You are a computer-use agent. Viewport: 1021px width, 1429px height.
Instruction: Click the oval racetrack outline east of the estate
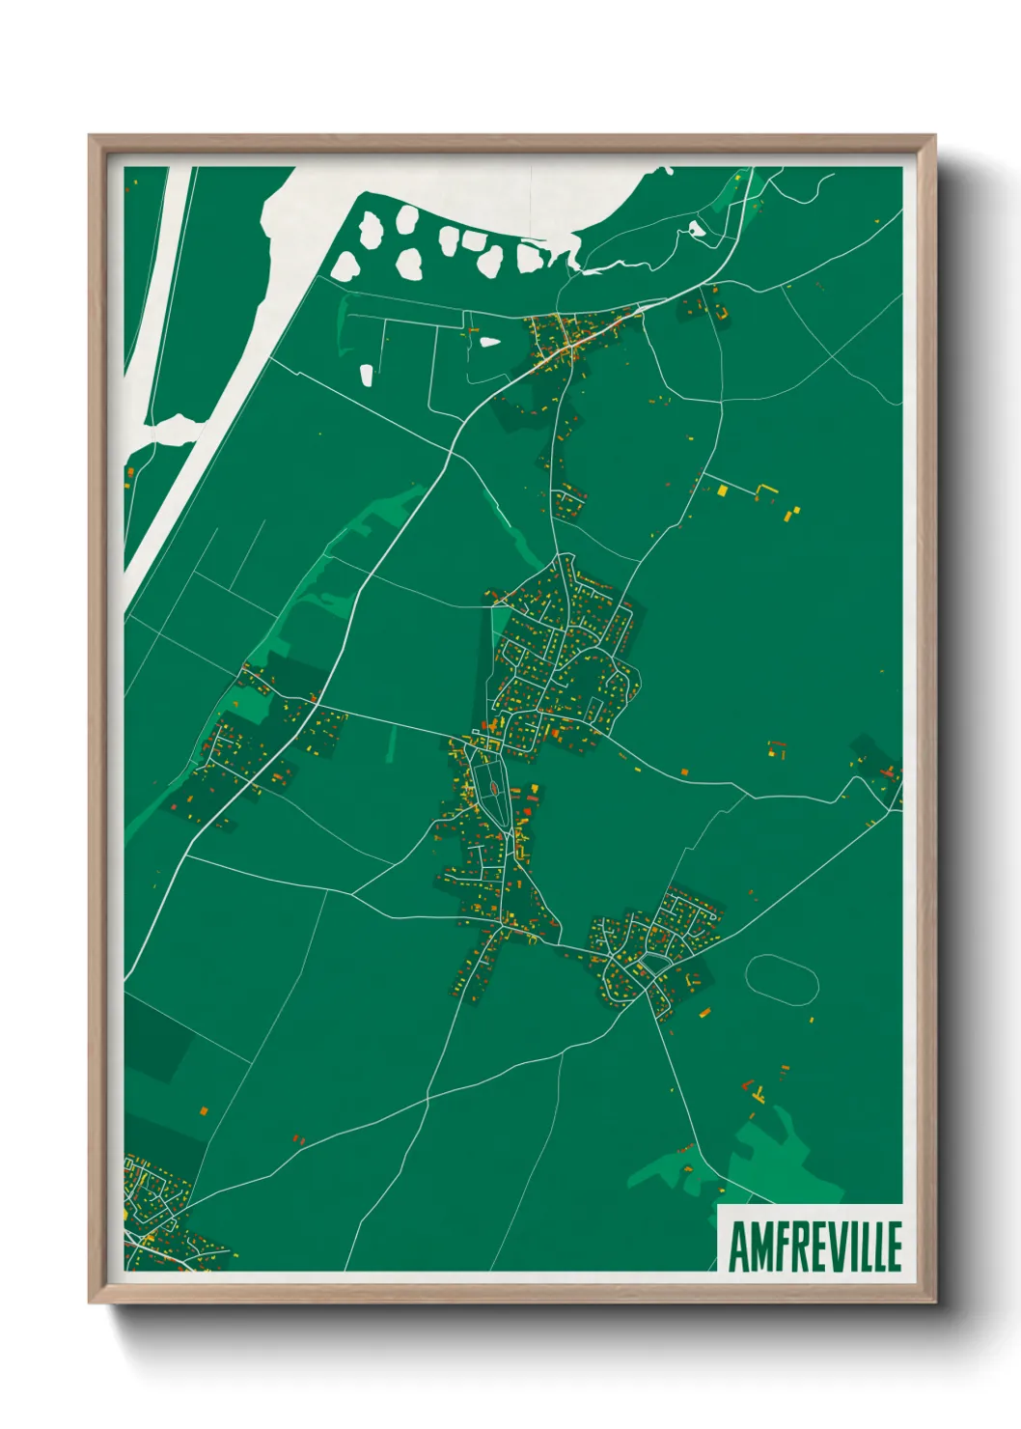click(x=782, y=979)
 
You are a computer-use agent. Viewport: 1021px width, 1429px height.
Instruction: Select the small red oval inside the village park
click(x=493, y=789)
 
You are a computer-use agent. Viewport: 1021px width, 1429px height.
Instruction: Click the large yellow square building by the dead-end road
click(x=722, y=490)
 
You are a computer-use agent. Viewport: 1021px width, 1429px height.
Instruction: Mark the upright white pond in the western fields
click(x=367, y=375)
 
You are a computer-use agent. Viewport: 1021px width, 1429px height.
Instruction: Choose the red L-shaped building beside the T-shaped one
click(x=747, y=1085)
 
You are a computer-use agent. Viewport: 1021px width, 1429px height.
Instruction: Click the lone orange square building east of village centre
click(x=685, y=772)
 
